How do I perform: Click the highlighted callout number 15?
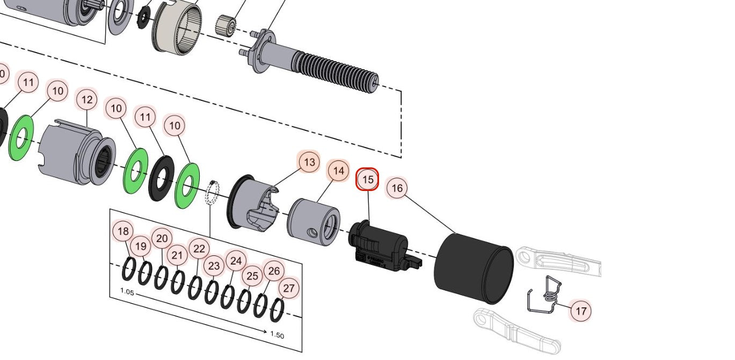click(x=368, y=180)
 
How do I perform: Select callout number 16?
click(x=397, y=188)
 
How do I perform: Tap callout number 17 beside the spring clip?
click(x=580, y=311)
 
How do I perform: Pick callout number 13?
click(x=309, y=162)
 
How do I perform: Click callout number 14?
click(x=338, y=171)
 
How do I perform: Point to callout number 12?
click(x=87, y=100)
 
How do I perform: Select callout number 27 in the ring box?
click(x=289, y=288)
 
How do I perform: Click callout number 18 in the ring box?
click(x=123, y=231)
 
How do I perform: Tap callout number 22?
click(x=199, y=248)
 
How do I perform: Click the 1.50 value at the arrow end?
click(x=277, y=335)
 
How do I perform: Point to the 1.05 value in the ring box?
click(x=127, y=292)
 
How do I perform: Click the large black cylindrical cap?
click(x=473, y=267)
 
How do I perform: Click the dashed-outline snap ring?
click(x=213, y=194)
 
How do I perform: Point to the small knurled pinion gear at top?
click(x=226, y=25)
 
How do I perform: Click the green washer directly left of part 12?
click(x=21, y=138)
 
